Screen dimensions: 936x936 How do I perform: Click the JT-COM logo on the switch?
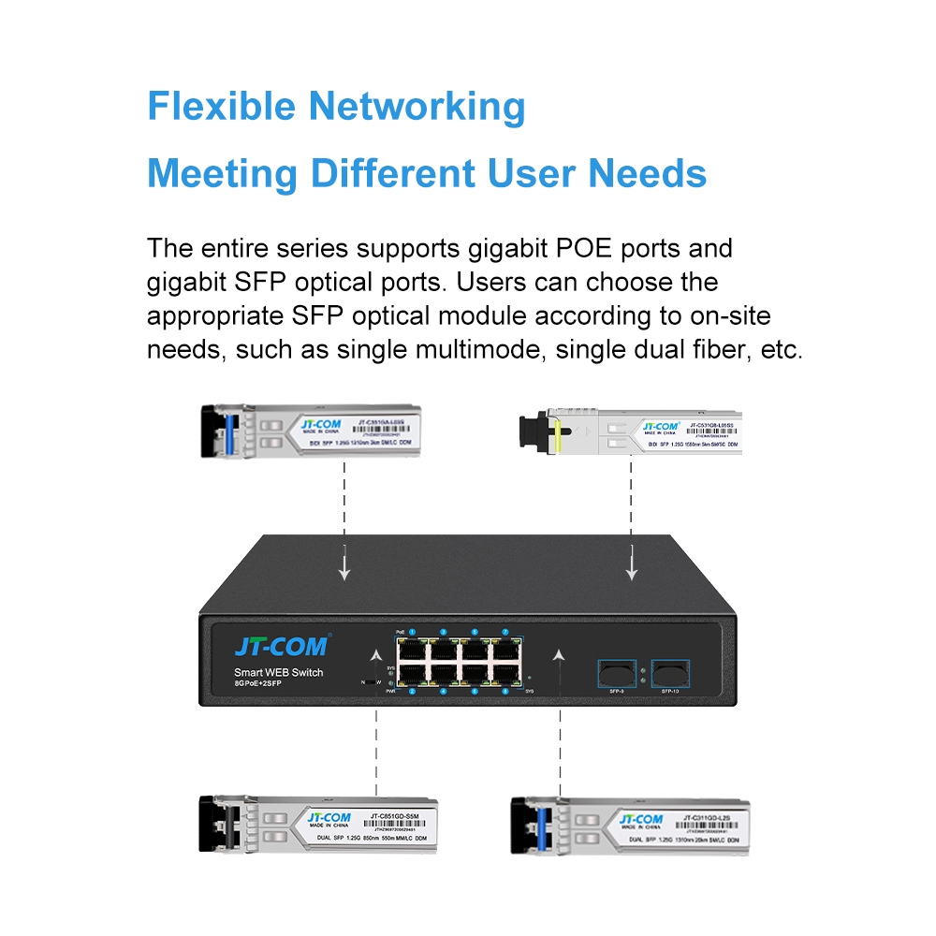[x=280, y=646]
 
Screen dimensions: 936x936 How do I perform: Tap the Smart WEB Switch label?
[x=278, y=673]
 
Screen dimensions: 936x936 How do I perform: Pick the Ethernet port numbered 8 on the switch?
[x=506, y=672]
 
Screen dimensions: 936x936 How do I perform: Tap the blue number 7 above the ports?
[x=505, y=633]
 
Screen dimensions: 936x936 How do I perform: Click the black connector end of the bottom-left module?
[x=212, y=824]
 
